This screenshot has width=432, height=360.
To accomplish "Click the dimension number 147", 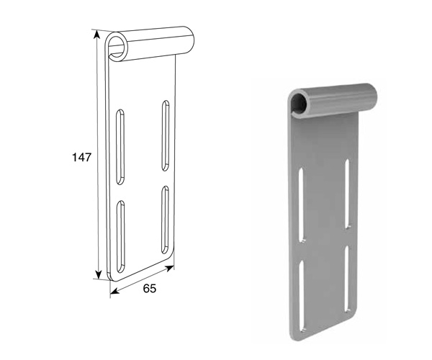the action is tap(81, 157).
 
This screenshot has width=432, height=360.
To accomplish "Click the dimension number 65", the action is tap(149, 289).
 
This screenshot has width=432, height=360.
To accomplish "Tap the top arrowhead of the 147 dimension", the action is tap(96, 34).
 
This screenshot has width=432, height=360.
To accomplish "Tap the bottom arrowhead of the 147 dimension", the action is tap(98, 274).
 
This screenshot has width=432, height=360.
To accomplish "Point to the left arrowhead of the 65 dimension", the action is tap(114, 291).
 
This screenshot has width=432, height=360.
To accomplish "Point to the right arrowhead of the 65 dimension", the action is tap(169, 268).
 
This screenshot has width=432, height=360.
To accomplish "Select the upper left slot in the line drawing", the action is tap(120, 147).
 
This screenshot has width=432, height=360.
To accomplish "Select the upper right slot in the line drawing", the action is tap(166, 135).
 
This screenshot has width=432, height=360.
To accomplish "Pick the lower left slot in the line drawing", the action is tap(120, 237).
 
